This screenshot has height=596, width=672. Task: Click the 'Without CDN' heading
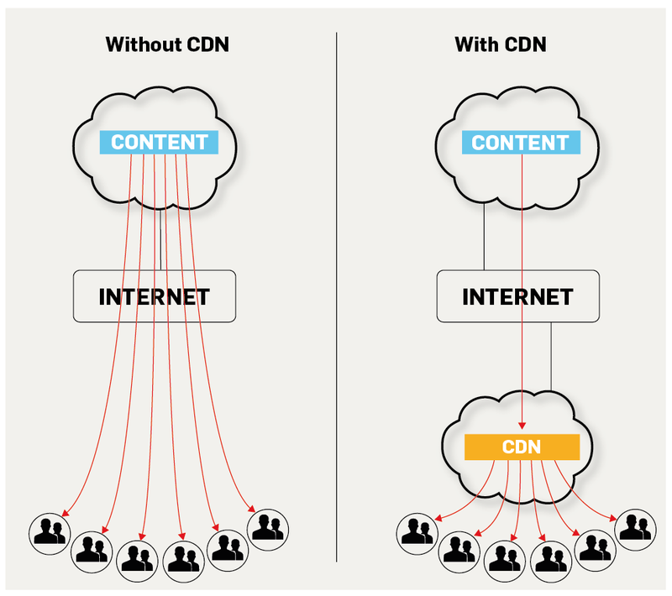click(167, 44)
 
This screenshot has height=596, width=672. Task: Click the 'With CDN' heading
click(501, 44)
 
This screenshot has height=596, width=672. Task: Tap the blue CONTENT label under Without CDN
click(159, 142)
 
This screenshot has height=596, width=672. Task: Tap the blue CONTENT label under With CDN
click(521, 142)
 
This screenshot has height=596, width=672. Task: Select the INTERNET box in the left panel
click(154, 296)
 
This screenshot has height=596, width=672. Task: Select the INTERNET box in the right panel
click(517, 296)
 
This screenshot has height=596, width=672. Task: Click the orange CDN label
click(522, 447)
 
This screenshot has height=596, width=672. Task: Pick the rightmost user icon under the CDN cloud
click(635, 526)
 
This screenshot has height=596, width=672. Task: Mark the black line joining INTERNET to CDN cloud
click(551, 357)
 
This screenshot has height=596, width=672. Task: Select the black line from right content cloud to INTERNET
click(485, 239)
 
